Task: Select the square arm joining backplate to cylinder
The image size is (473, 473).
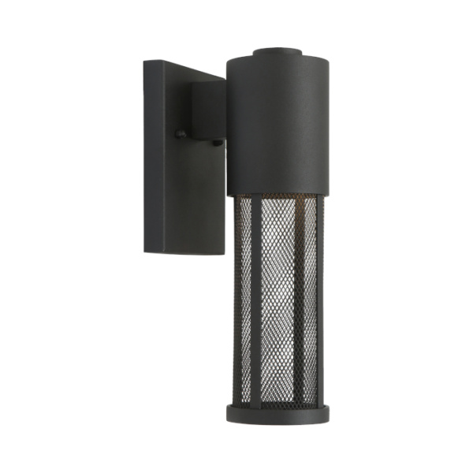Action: coord(207,110)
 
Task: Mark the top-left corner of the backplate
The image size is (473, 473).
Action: coord(144,61)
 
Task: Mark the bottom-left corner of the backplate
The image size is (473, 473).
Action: coord(145,251)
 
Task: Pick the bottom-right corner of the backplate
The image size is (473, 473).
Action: coord(223,254)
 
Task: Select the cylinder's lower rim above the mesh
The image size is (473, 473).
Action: coord(274,192)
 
